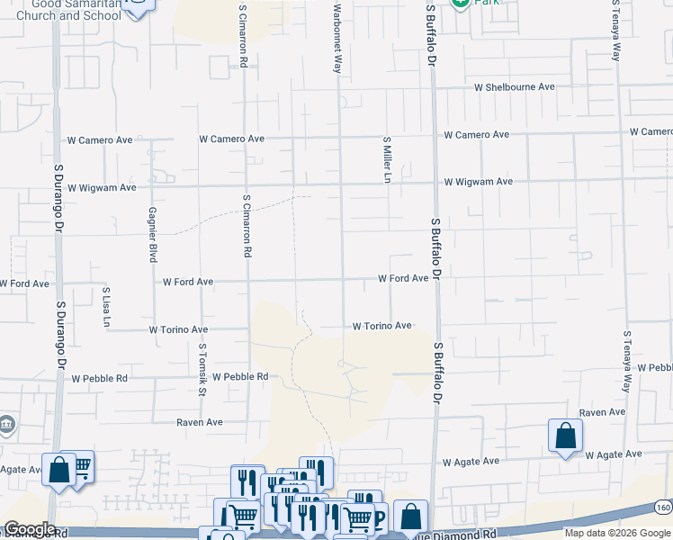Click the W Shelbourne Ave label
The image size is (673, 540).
pos(515,87)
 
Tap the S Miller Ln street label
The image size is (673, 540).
pos(388,160)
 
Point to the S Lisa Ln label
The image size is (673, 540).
pos(106,308)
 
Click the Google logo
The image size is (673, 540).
pos(30,529)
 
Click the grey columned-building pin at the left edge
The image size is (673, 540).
pos(4,424)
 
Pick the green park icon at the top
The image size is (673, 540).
pos(461,3)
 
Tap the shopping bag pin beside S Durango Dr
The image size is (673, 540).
pos(58,469)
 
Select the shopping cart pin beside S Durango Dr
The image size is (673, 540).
pos(80,464)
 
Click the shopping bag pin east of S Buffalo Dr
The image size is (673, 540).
pos(565,436)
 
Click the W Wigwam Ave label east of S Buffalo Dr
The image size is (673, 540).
pos(478,182)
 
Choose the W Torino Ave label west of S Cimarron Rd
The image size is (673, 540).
pos(177,330)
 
